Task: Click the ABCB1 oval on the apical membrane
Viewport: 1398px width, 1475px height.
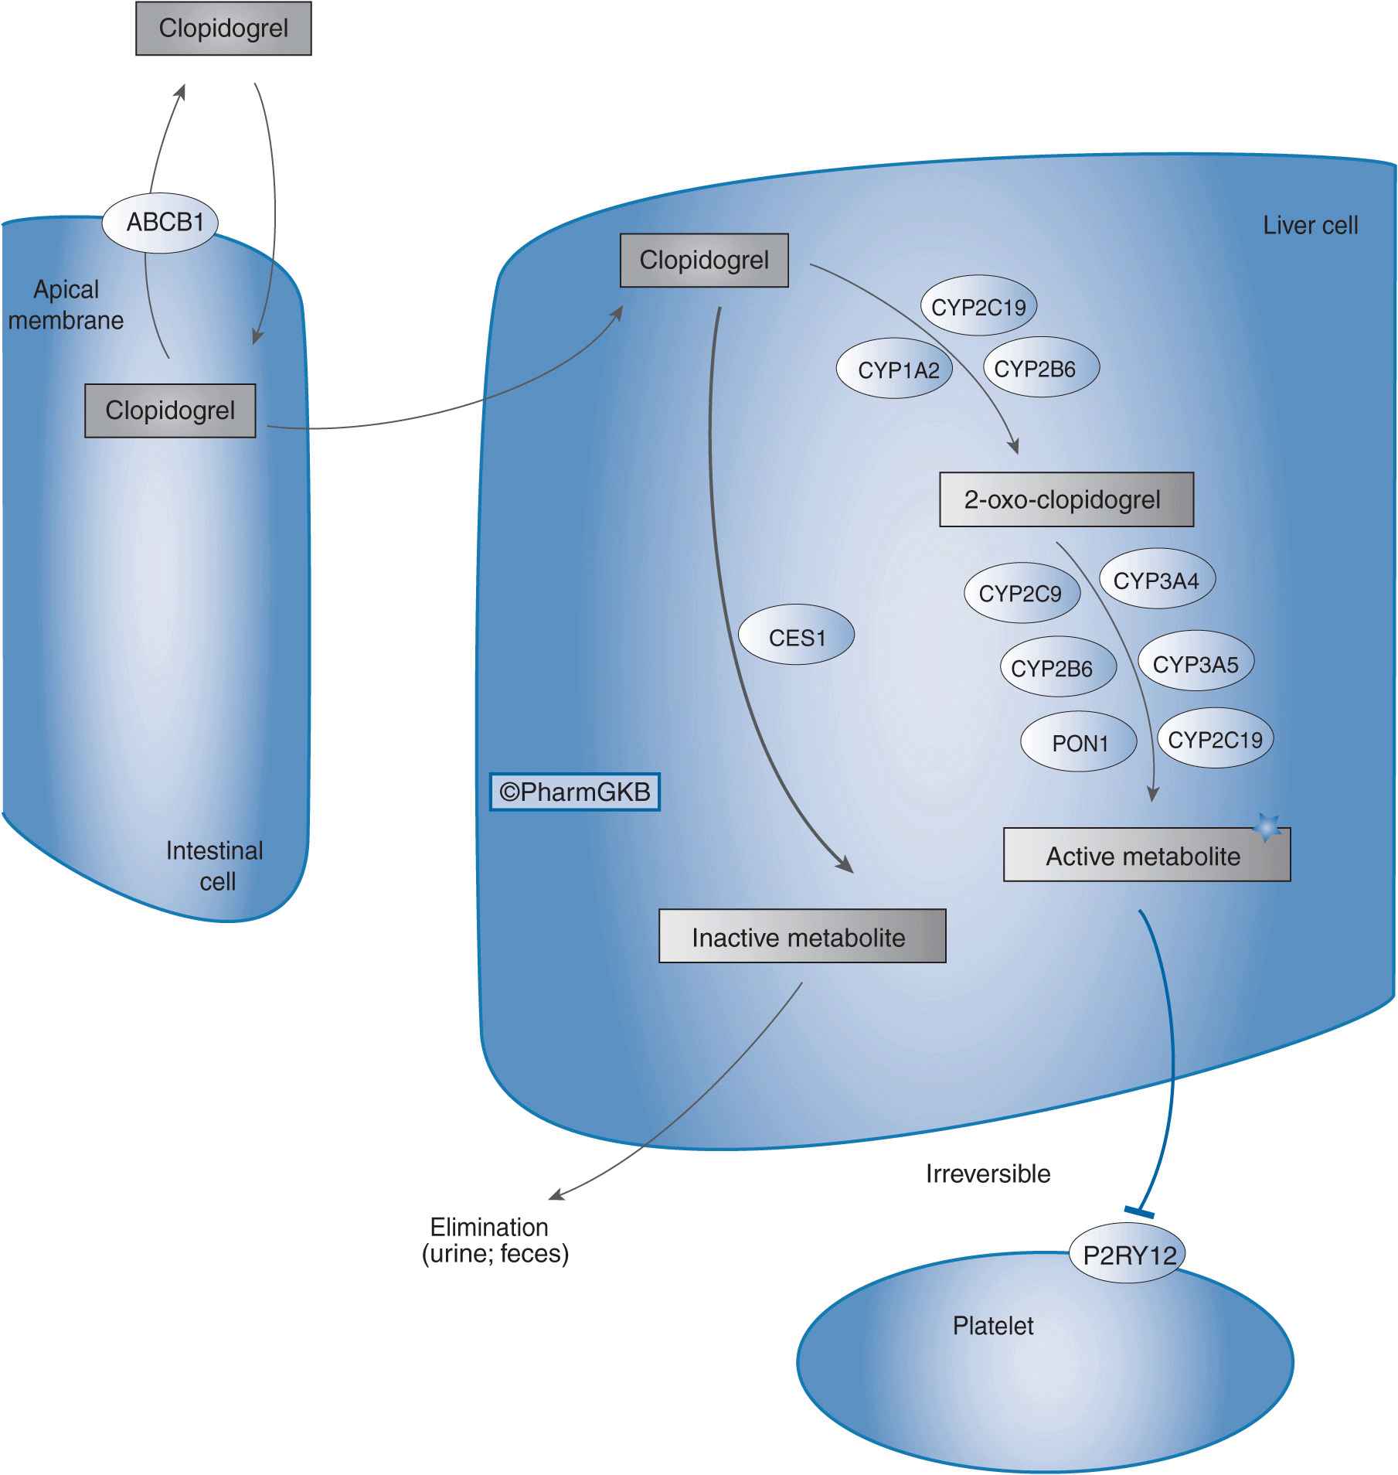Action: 160,223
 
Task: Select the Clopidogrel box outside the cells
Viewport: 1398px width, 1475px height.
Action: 223,29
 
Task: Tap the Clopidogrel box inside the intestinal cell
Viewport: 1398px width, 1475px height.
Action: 170,410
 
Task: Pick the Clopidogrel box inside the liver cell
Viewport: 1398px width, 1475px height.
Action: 704,261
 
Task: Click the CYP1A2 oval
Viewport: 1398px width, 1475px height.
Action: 894,369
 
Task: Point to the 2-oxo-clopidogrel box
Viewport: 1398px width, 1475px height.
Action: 1066,499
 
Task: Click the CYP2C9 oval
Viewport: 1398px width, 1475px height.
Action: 1022,592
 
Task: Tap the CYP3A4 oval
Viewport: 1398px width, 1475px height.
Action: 1157,579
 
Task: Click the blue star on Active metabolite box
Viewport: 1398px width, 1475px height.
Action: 1266,827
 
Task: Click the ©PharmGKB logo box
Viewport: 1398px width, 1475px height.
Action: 575,792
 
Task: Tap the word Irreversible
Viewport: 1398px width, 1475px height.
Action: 988,1173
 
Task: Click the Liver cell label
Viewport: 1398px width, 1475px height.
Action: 1310,225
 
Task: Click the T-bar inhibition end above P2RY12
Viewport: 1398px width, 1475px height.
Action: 1139,1212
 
